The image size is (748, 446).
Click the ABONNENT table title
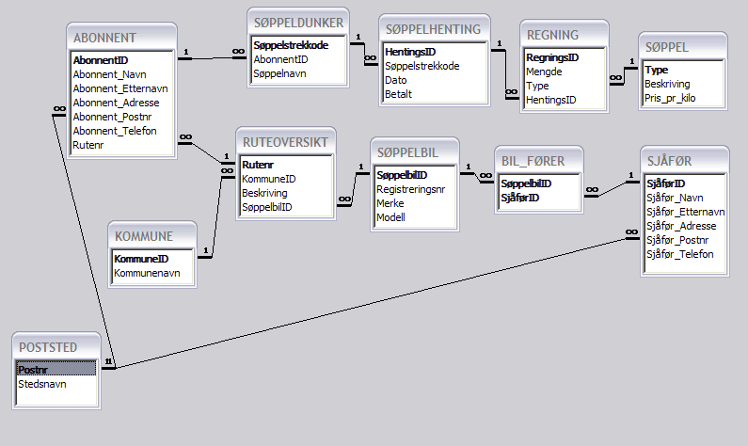click(x=104, y=38)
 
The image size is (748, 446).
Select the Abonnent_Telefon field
click(x=115, y=131)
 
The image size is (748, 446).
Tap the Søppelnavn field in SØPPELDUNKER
click(x=280, y=72)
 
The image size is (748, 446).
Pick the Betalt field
click(x=399, y=94)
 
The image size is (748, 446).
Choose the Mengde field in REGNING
click(x=544, y=72)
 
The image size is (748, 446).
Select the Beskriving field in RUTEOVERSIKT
click(x=265, y=192)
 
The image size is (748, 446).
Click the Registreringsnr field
click(x=410, y=188)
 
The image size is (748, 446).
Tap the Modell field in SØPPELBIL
click(x=390, y=217)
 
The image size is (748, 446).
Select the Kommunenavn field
click(x=147, y=273)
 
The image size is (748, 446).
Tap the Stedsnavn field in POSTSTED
click(x=42, y=384)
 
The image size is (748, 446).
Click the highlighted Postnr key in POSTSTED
click(x=33, y=370)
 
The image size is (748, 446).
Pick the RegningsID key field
click(x=552, y=57)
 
